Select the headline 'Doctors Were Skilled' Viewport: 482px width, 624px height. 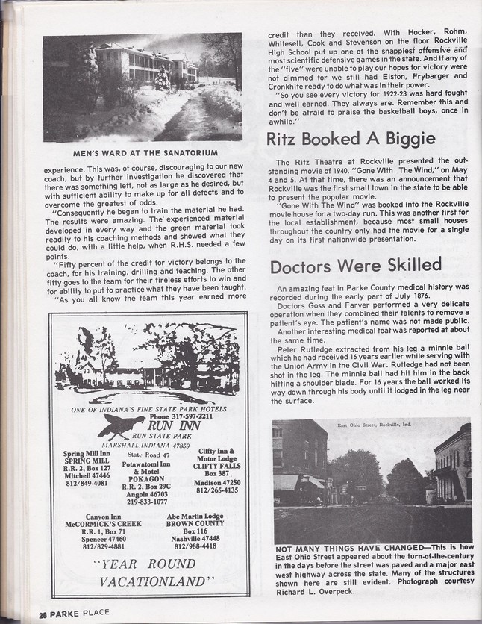[355, 266]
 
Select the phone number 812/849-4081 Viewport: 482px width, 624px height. [86, 483]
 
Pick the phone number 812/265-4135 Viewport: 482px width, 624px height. [217, 490]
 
